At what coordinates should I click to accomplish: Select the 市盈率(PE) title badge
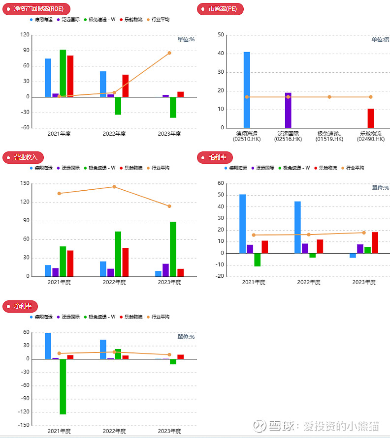[220, 9]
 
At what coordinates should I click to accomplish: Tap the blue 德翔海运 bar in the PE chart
[247, 90]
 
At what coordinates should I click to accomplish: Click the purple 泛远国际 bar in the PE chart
[288, 110]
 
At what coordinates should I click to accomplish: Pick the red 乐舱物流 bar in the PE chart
[371, 118]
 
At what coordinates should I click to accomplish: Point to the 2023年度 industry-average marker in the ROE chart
[169, 53]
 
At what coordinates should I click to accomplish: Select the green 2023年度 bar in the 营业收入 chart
[173, 249]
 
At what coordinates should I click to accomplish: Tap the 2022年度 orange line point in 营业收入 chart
[114, 187]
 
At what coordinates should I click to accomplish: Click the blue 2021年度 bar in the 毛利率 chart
[243, 224]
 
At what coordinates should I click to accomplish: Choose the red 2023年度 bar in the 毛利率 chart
[375, 242]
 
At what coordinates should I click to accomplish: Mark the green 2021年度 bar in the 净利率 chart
[63, 386]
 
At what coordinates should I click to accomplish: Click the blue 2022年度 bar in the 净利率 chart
[103, 349]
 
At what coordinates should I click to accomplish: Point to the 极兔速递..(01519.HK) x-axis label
[329, 136]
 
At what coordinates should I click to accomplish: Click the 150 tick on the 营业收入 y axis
[24, 183]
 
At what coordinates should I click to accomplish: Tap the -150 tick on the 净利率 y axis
[23, 425]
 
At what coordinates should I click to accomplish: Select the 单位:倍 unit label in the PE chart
[380, 39]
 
